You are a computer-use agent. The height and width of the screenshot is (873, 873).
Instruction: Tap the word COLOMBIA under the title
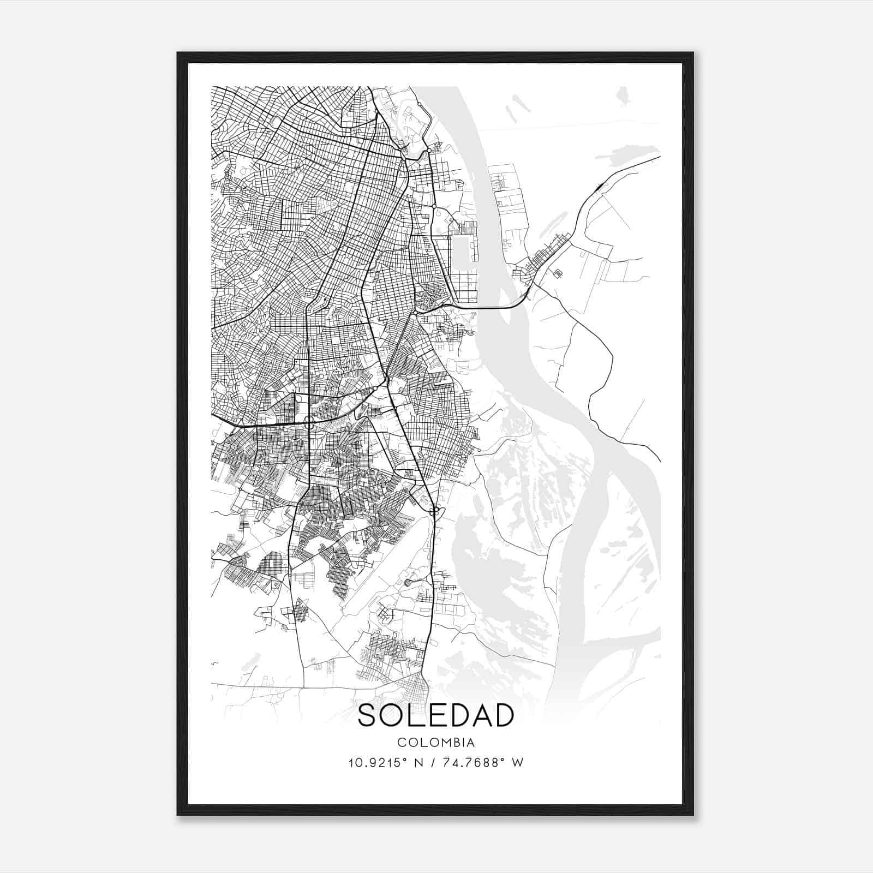tap(436, 743)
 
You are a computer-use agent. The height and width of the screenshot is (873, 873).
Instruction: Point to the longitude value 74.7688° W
tap(481, 763)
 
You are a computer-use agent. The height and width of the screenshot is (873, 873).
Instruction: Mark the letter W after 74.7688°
tap(518, 763)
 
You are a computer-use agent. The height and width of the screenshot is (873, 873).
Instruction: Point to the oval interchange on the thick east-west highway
tap(308, 420)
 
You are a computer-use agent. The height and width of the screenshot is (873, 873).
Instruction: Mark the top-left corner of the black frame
tap(178, 53)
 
